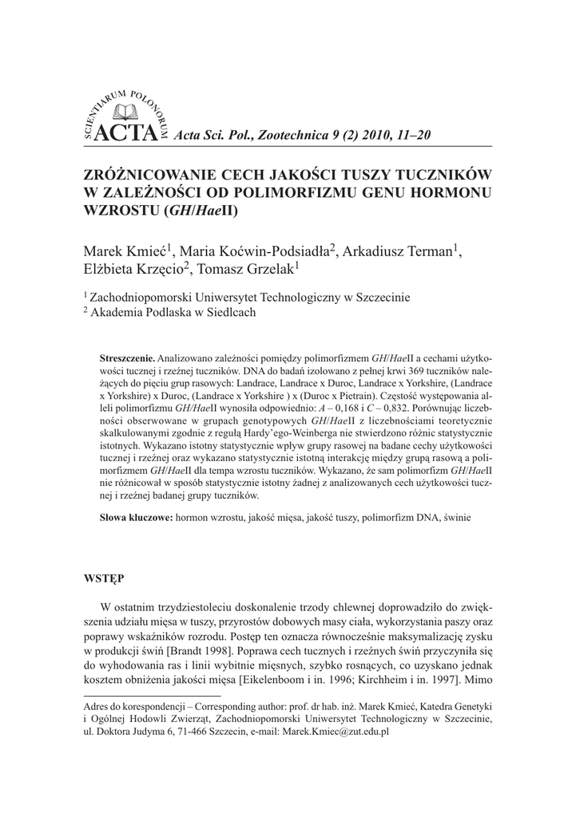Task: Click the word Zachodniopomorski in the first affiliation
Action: pos(139,298)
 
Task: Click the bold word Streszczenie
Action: pos(127,357)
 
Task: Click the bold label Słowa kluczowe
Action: pos(136,518)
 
